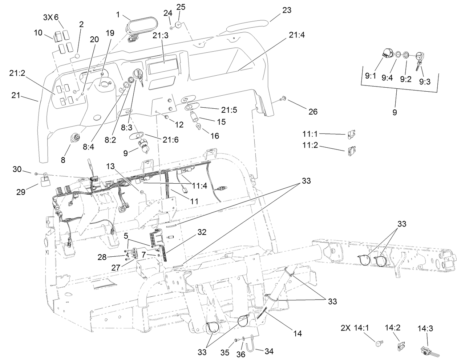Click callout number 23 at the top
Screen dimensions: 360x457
pos(287,10)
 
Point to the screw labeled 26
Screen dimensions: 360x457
pos(283,99)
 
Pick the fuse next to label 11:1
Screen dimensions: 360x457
pos(351,135)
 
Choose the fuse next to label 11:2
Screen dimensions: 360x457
pos(351,149)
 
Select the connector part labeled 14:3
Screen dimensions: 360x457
pos(427,351)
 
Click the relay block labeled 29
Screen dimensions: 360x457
pos(45,180)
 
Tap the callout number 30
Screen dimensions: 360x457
pos(17,169)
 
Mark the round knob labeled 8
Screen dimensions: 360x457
pos(76,138)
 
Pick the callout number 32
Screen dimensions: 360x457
pos(202,231)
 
